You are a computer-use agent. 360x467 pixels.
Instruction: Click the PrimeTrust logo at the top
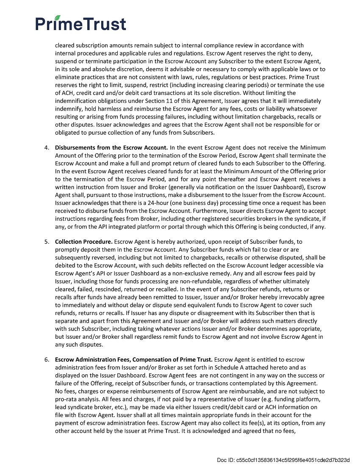[81, 24]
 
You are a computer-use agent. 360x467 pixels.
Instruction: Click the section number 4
[46, 147]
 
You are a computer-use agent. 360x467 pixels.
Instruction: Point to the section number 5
[46, 241]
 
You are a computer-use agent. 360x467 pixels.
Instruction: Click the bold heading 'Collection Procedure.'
[83, 241]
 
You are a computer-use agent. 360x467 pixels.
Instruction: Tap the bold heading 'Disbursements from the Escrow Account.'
[111, 147]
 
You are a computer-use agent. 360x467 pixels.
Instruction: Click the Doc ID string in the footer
[283, 460]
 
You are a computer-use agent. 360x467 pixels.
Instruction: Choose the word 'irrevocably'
[291, 297]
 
